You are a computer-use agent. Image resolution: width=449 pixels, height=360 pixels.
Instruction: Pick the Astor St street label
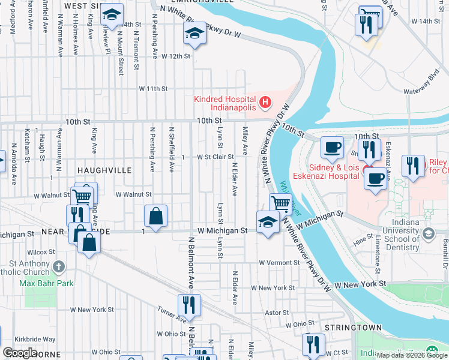point(277,313)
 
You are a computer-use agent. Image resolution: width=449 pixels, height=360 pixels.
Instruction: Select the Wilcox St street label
point(41,252)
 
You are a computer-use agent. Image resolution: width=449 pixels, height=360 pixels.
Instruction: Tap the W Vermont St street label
point(279,263)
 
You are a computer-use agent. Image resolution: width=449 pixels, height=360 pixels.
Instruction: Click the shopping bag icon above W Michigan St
point(155,217)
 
